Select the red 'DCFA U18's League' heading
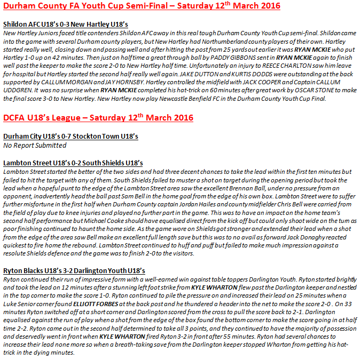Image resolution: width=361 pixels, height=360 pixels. coord(98,117)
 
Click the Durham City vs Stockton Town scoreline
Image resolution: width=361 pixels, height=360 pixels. coord(70,137)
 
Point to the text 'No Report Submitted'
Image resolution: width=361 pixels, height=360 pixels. coord(35,145)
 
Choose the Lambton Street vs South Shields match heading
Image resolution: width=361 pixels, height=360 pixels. coord(73,163)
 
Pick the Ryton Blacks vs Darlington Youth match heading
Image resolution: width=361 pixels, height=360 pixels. coord(74,271)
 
